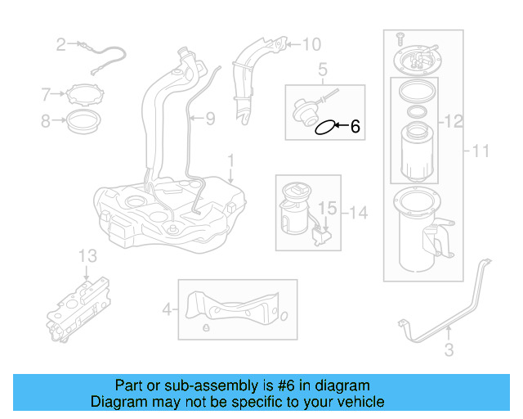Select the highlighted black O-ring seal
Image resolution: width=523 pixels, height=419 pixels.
tap(325, 127)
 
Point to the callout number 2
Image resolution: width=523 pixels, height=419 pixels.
tap(60, 44)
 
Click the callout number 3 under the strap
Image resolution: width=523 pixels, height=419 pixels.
tap(449, 352)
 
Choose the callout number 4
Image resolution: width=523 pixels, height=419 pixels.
tap(167, 310)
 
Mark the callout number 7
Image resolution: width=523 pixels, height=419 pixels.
tap(47, 96)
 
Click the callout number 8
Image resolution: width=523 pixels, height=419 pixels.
tap(47, 122)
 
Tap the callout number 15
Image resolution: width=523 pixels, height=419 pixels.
tap(327, 209)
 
